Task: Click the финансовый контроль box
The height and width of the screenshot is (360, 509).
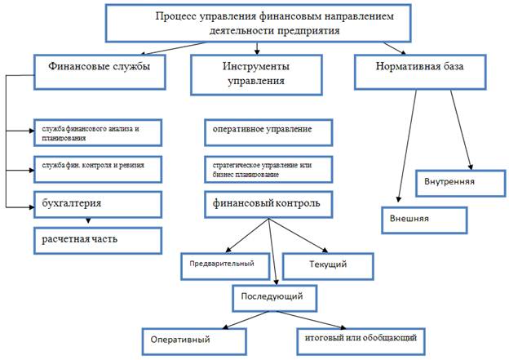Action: tap(267, 203)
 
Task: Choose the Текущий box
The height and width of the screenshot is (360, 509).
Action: tap(328, 265)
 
